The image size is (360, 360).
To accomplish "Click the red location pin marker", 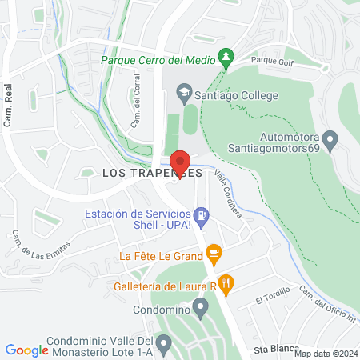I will [x=180, y=162].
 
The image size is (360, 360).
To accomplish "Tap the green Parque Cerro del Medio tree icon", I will [x=228, y=56].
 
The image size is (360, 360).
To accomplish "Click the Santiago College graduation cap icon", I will [x=186, y=94].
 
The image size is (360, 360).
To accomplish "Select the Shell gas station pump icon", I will [x=202, y=214].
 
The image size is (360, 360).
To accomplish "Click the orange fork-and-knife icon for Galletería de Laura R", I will [x=227, y=282].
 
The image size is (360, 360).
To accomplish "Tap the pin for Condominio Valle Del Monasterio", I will [x=164, y=345].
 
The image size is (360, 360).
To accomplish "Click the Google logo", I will [x=26, y=350].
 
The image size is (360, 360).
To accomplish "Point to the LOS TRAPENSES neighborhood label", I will [x=139, y=173].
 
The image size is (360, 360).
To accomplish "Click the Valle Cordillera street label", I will [x=227, y=193].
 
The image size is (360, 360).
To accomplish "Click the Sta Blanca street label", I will [x=270, y=350].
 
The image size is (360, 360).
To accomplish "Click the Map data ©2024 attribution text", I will [x=325, y=354].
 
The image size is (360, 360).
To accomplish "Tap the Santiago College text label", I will [x=236, y=95].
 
